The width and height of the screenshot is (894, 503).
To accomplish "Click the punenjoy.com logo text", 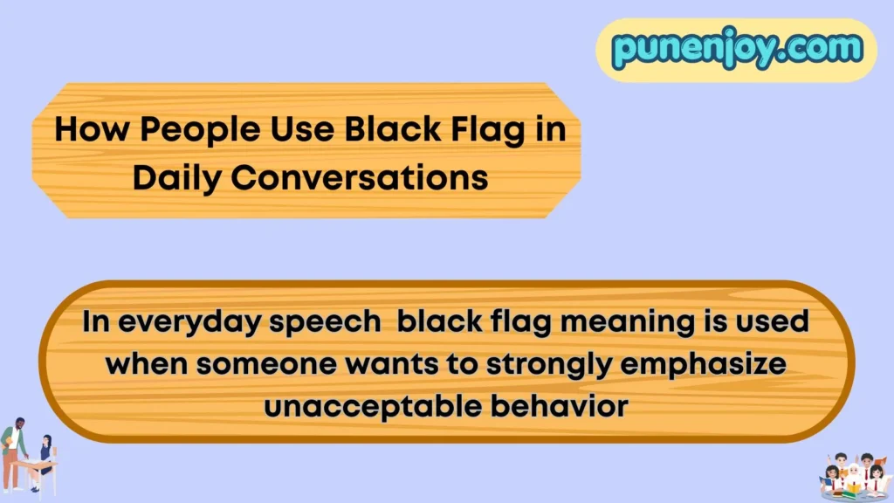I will [736, 49].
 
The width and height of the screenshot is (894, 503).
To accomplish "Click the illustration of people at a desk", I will [28, 455].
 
